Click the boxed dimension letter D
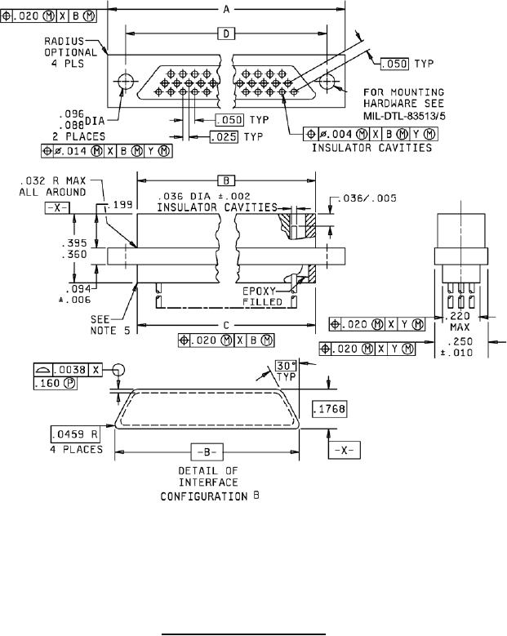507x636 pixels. [226, 33]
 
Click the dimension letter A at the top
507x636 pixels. [226, 9]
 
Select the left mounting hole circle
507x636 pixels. [126, 82]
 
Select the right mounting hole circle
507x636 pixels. [327, 82]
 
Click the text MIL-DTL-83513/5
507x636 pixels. [404, 116]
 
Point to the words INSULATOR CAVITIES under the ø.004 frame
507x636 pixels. [371, 148]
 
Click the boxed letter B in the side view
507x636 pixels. [226, 180]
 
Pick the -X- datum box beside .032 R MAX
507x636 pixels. [57, 208]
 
